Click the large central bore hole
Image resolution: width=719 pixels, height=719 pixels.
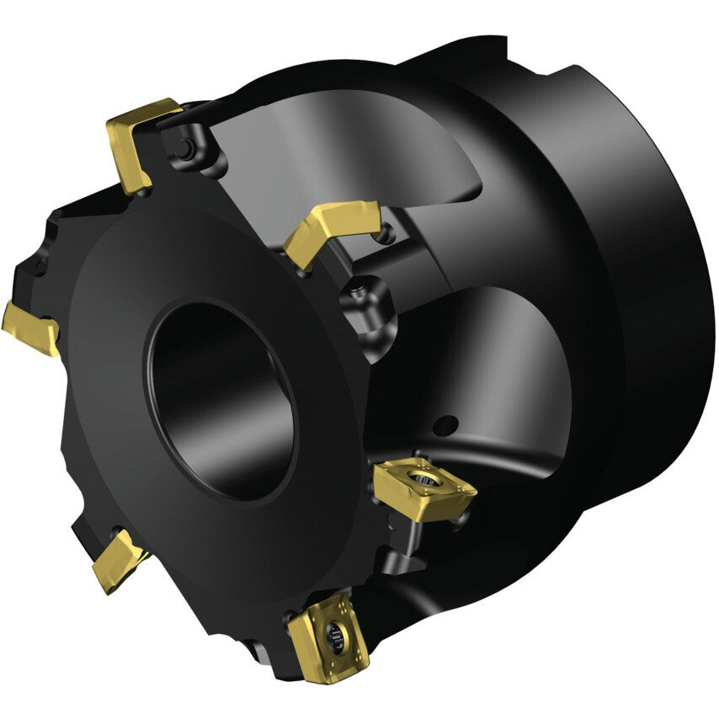[x=221, y=397]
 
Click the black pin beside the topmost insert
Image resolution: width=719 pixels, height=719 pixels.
[x=183, y=150]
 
